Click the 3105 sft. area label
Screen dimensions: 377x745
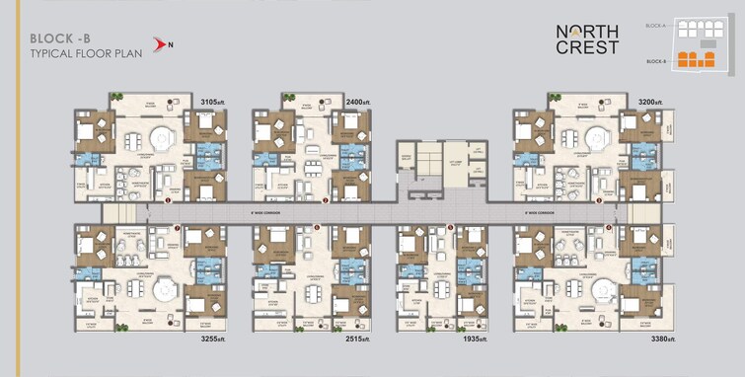[x=214, y=102]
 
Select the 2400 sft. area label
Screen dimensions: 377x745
[x=358, y=102]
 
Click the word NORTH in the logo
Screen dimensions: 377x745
[x=587, y=30]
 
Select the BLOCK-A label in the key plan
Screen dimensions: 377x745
[x=656, y=24]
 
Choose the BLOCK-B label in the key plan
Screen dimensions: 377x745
[x=656, y=61]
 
